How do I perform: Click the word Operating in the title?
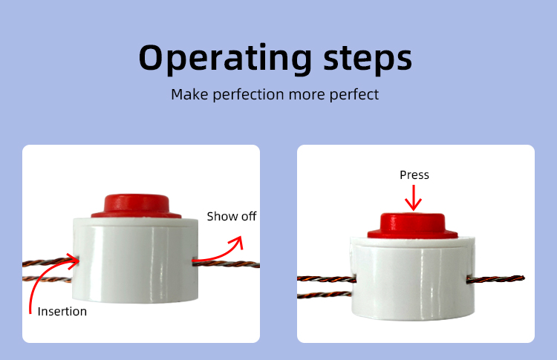pyautogui.click(x=225, y=59)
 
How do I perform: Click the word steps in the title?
pyautogui.click(x=368, y=58)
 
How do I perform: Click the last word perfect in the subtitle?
pyautogui.click(x=354, y=95)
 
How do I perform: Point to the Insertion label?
pyautogui.click(x=62, y=311)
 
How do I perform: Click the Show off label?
pyautogui.click(x=232, y=216)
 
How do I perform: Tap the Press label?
pyautogui.click(x=414, y=174)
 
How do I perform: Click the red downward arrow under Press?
pyautogui.click(x=413, y=197)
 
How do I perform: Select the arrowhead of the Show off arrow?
pyautogui.click(x=238, y=242)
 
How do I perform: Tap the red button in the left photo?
pyautogui.click(x=136, y=206)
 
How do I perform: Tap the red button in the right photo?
pyautogui.click(x=412, y=226)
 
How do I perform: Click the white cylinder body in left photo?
pyautogui.click(x=135, y=261)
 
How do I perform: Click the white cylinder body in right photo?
pyautogui.click(x=413, y=278)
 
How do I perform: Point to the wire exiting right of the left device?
pyautogui.click(x=226, y=264)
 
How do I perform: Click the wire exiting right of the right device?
pyautogui.click(x=496, y=279)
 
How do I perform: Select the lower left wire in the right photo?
pyautogui.click(x=325, y=295)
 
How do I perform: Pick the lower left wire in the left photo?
pyautogui.click(x=47, y=279)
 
